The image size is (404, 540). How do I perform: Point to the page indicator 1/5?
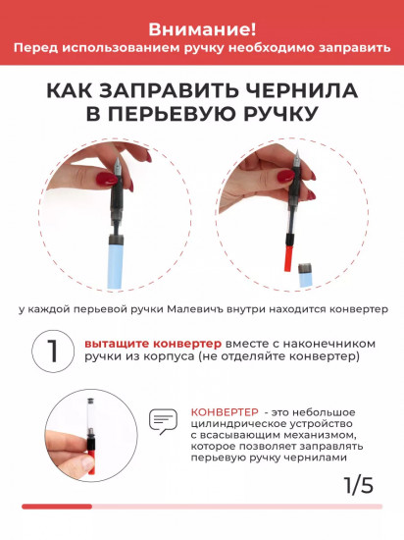[359, 484]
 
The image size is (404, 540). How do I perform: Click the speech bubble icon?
[161, 422]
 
